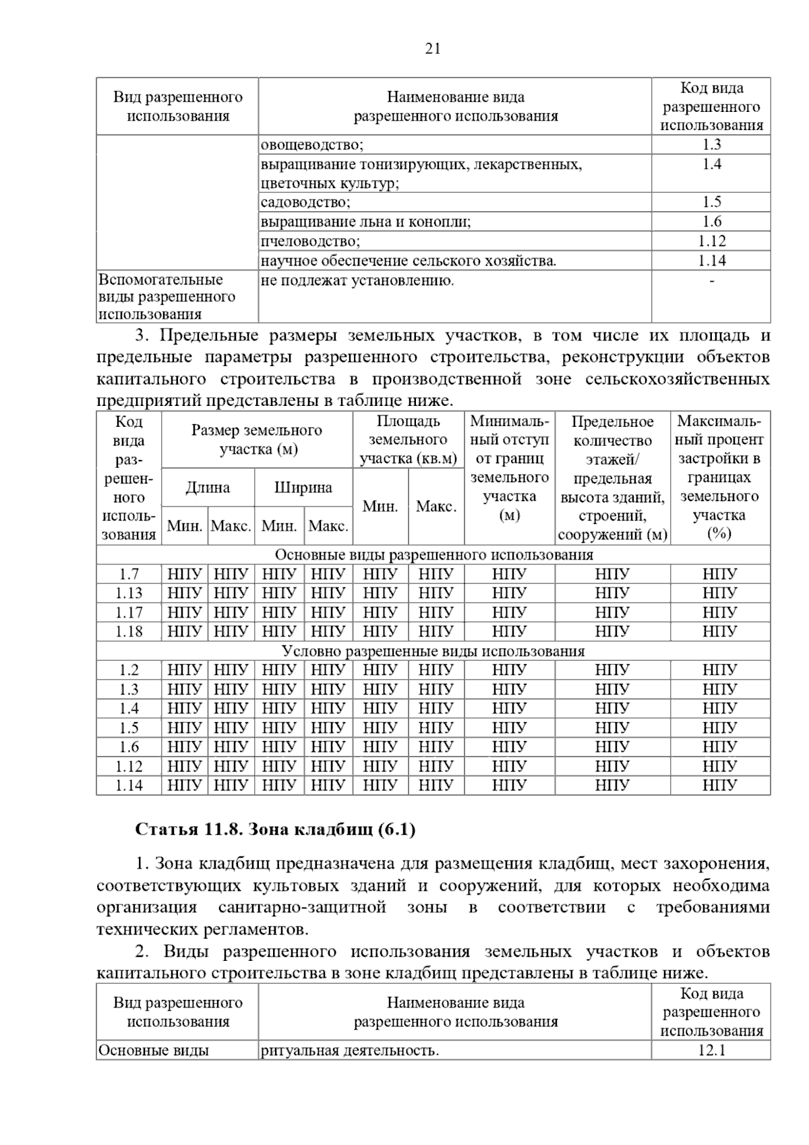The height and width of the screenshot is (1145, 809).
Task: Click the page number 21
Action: pos(433,49)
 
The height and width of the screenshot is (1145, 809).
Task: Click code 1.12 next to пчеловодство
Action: pos(711,241)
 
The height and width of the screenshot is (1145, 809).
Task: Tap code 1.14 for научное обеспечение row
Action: pos(711,261)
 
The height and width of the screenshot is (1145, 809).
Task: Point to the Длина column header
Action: pos(208,488)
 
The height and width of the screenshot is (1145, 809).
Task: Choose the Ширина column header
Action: pos(303,488)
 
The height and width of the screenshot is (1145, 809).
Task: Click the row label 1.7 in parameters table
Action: pos(129,575)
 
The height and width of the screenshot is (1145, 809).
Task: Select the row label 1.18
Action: pos(129,632)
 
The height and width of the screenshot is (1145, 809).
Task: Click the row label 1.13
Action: pos(129,593)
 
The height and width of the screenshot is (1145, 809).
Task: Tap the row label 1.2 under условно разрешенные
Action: pos(129,670)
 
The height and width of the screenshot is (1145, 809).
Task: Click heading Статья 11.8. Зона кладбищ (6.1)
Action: pos(275,829)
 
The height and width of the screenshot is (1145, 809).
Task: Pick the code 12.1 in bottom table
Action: pos(711,1051)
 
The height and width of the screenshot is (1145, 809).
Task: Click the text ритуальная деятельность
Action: pos(350,1051)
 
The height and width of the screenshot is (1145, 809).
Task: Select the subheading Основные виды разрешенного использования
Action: pos(433,555)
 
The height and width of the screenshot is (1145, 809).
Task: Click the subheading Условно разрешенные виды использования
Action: pos(433,651)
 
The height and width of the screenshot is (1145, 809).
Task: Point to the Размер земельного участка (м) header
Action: pos(257,440)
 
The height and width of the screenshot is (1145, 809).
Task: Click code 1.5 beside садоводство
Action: pos(711,202)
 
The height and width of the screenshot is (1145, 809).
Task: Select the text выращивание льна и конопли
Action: pos(366,222)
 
